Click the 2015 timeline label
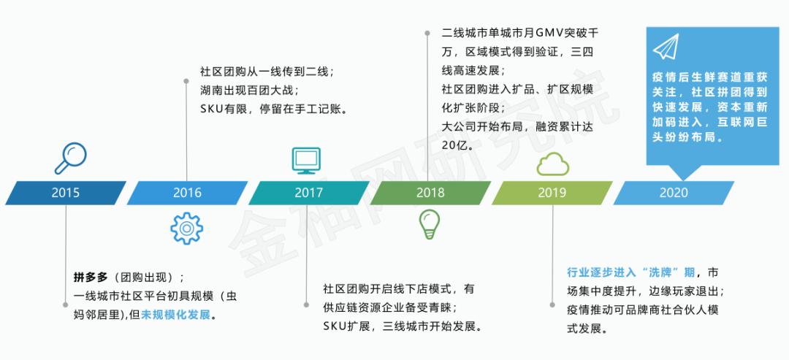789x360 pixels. [x=66, y=194]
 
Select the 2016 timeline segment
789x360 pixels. [x=187, y=194]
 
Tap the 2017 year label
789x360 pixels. [x=309, y=194]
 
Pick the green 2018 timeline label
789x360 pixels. [x=430, y=194]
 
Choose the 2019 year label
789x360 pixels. [x=552, y=194]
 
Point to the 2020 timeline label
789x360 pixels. [x=674, y=194]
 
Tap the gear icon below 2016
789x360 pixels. [x=186, y=229]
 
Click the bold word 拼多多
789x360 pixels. [x=91, y=277]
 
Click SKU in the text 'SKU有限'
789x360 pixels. [x=214, y=110]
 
